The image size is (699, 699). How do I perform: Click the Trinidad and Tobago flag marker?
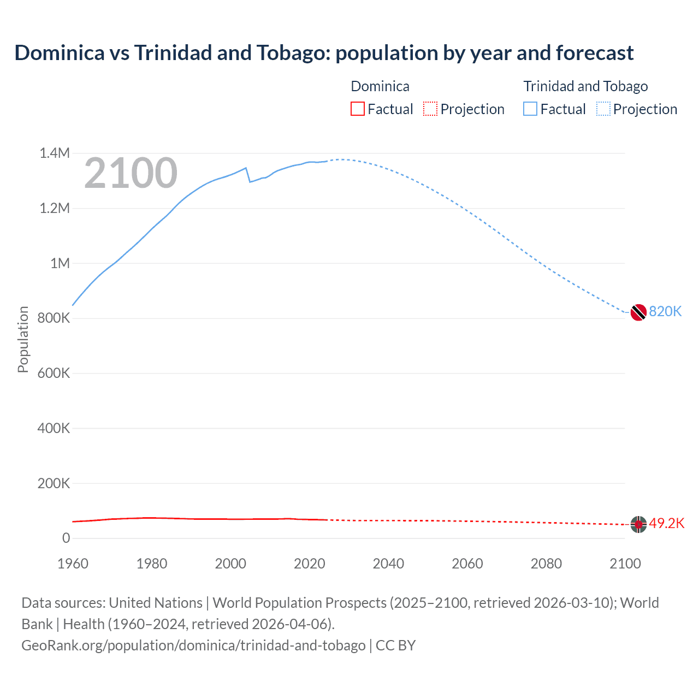(x=638, y=312)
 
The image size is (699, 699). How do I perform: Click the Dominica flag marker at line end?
(x=638, y=524)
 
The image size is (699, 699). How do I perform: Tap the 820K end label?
(x=665, y=311)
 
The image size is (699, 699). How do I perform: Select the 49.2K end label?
(x=667, y=523)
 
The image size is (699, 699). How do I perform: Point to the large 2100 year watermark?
(x=131, y=173)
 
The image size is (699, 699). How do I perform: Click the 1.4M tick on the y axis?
(x=55, y=153)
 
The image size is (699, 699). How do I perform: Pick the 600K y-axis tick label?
(x=54, y=373)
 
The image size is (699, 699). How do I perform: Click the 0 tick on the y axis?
(x=66, y=538)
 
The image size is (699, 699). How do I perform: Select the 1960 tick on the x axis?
(x=73, y=564)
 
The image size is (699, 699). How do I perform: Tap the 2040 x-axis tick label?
(x=388, y=564)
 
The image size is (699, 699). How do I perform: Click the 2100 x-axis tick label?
(x=625, y=564)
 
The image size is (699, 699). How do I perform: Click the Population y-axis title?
(x=23, y=339)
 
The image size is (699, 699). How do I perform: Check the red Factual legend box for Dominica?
(x=358, y=109)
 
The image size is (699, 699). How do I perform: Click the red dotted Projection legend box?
(x=430, y=109)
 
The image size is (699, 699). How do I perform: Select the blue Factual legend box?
(x=530, y=109)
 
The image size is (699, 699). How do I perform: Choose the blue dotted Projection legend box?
(x=603, y=109)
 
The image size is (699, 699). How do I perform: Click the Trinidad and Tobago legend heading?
(x=585, y=86)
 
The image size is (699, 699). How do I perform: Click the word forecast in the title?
(x=595, y=53)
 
